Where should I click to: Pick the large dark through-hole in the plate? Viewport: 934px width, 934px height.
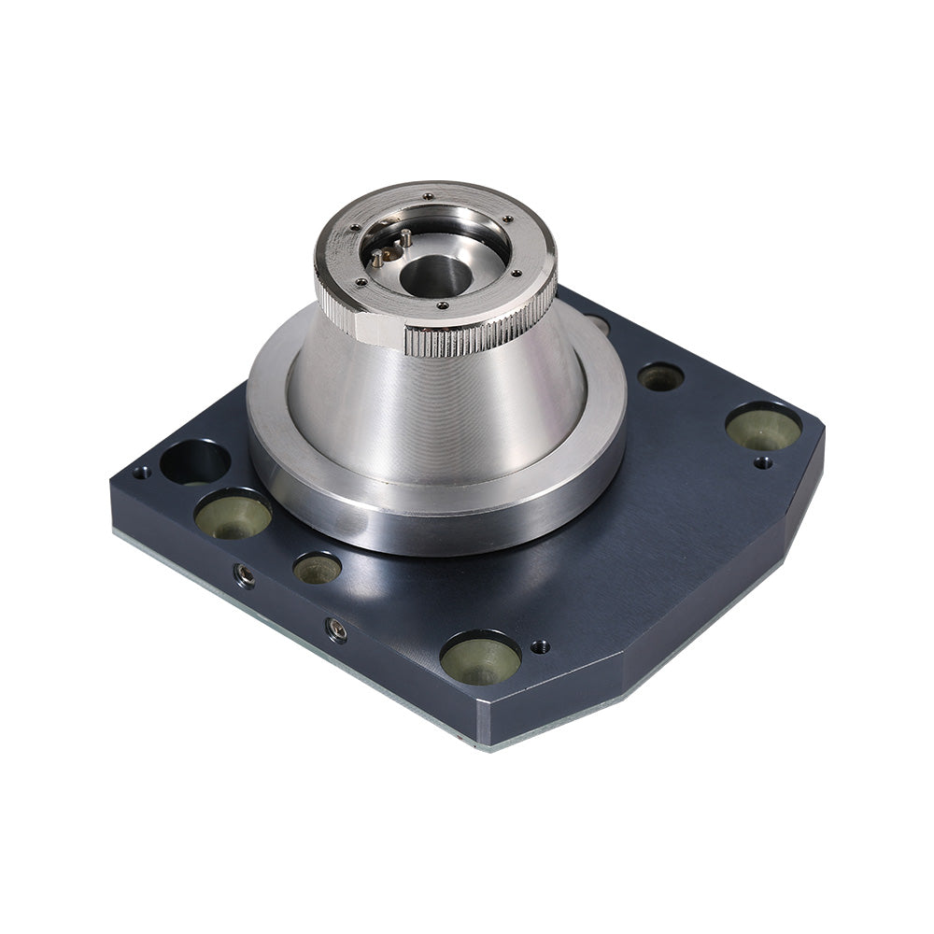tap(194, 461)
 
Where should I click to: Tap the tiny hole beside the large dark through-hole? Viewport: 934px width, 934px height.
tap(141, 473)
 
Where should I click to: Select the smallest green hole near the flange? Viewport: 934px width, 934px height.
tap(318, 568)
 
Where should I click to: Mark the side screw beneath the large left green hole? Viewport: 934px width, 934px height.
tap(246, 577)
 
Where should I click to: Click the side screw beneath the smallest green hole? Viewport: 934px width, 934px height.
tap(337, 630)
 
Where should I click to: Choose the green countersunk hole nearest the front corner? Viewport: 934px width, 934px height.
tap(480, 658)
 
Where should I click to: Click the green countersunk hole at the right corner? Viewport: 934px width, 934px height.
tap(763, 427)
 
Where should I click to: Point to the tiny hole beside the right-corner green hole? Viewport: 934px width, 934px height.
tap(763, 461)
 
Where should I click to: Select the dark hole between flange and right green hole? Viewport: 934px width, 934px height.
tap(660, 376)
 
